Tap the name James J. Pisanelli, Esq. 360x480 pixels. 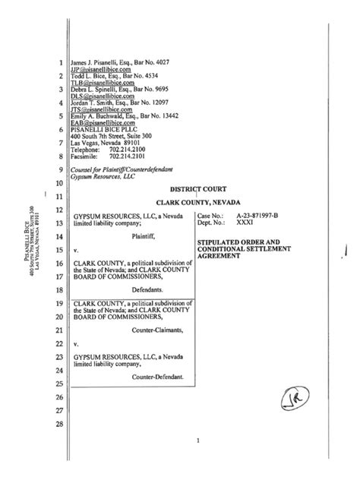(101, 62)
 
